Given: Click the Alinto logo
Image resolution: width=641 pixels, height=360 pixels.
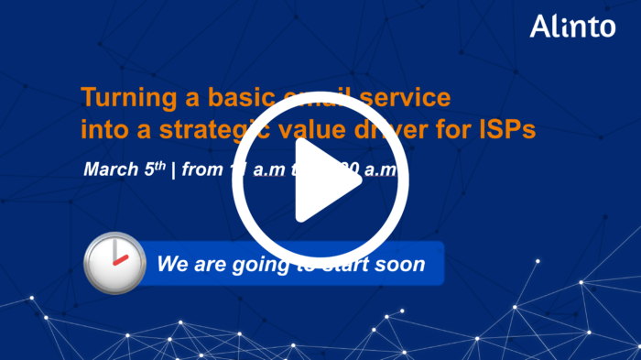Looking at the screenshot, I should [572, 27].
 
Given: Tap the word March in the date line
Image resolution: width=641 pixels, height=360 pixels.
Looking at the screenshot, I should [111, 170].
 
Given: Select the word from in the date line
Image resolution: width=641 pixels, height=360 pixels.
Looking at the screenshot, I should [201, 170].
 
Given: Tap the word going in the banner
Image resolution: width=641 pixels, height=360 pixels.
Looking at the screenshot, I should [252, 266].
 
